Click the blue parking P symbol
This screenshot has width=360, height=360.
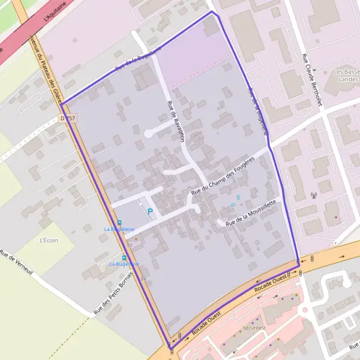pos(150,211)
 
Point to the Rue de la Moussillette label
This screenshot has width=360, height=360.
pos(251,214)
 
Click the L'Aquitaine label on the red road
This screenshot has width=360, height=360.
pos(53,11)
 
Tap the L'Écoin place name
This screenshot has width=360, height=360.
pos(48,241)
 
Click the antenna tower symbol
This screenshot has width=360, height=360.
pos(313,195)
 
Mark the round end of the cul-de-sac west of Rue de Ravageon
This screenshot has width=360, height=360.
pos(148,133)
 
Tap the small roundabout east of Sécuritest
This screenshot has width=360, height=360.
pos(305,310)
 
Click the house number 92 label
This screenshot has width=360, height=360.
pos(129,245)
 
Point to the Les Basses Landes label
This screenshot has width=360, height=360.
pos(347,75)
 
